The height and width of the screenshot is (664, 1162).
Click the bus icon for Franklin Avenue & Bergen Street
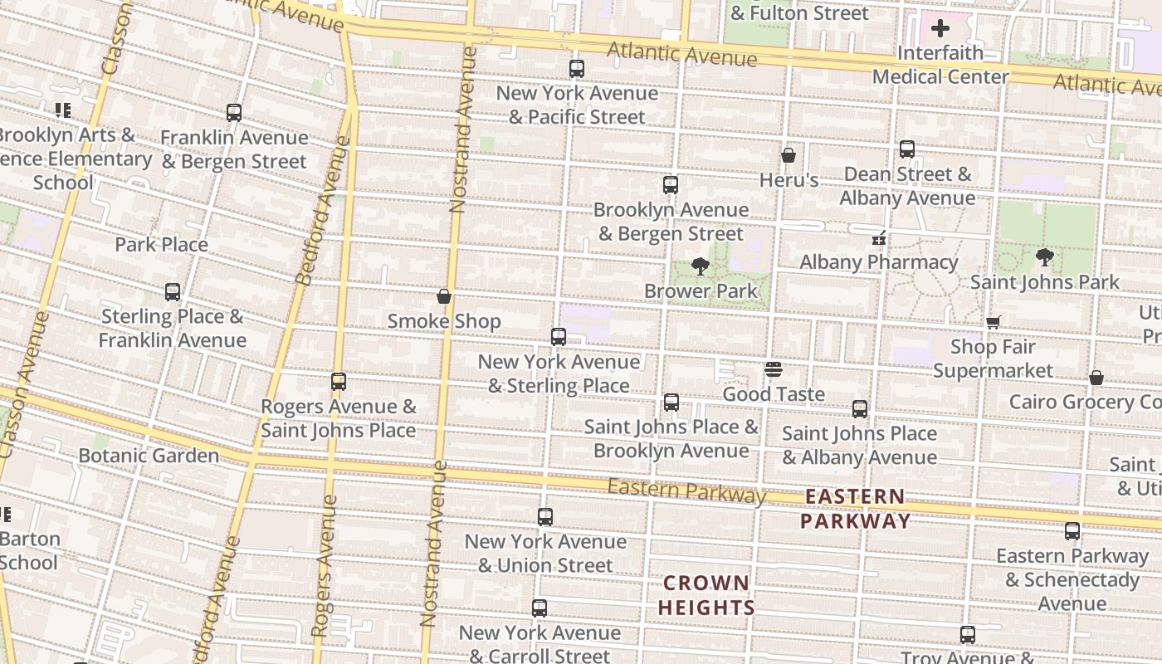pos(234,113)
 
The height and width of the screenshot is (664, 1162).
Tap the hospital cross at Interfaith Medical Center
pos(940,28)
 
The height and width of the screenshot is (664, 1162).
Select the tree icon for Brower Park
pos(701,266)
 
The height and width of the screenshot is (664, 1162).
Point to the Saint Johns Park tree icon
pos(1045,257)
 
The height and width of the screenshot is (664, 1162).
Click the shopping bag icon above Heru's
pos(788,155)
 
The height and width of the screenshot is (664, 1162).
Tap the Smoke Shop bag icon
pos(444,296)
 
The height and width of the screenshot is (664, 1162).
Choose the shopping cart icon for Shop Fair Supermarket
pos(993,322)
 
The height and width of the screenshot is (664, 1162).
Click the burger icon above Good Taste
pos(774,369)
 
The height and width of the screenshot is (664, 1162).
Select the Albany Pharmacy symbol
pos(879,238)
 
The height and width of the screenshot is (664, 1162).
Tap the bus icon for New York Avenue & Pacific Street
pos(577,69)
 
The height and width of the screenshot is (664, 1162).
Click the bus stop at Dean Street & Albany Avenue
pos(907,149)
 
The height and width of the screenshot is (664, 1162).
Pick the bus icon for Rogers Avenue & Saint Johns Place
pos(339,382)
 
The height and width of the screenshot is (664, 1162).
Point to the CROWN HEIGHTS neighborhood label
pos(706,595)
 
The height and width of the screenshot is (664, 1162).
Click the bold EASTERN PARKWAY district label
pos(855,509)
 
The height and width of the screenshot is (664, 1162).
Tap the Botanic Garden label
pos(149,455)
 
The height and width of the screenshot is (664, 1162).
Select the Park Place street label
pos(161,244)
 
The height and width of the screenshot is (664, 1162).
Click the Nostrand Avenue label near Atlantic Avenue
pos(463,129)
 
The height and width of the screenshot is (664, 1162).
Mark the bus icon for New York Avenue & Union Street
pos(545,517)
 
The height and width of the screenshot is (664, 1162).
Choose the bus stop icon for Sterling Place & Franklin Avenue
pos(173,292)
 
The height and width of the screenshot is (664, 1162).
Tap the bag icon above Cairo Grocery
pos(1096,378)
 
